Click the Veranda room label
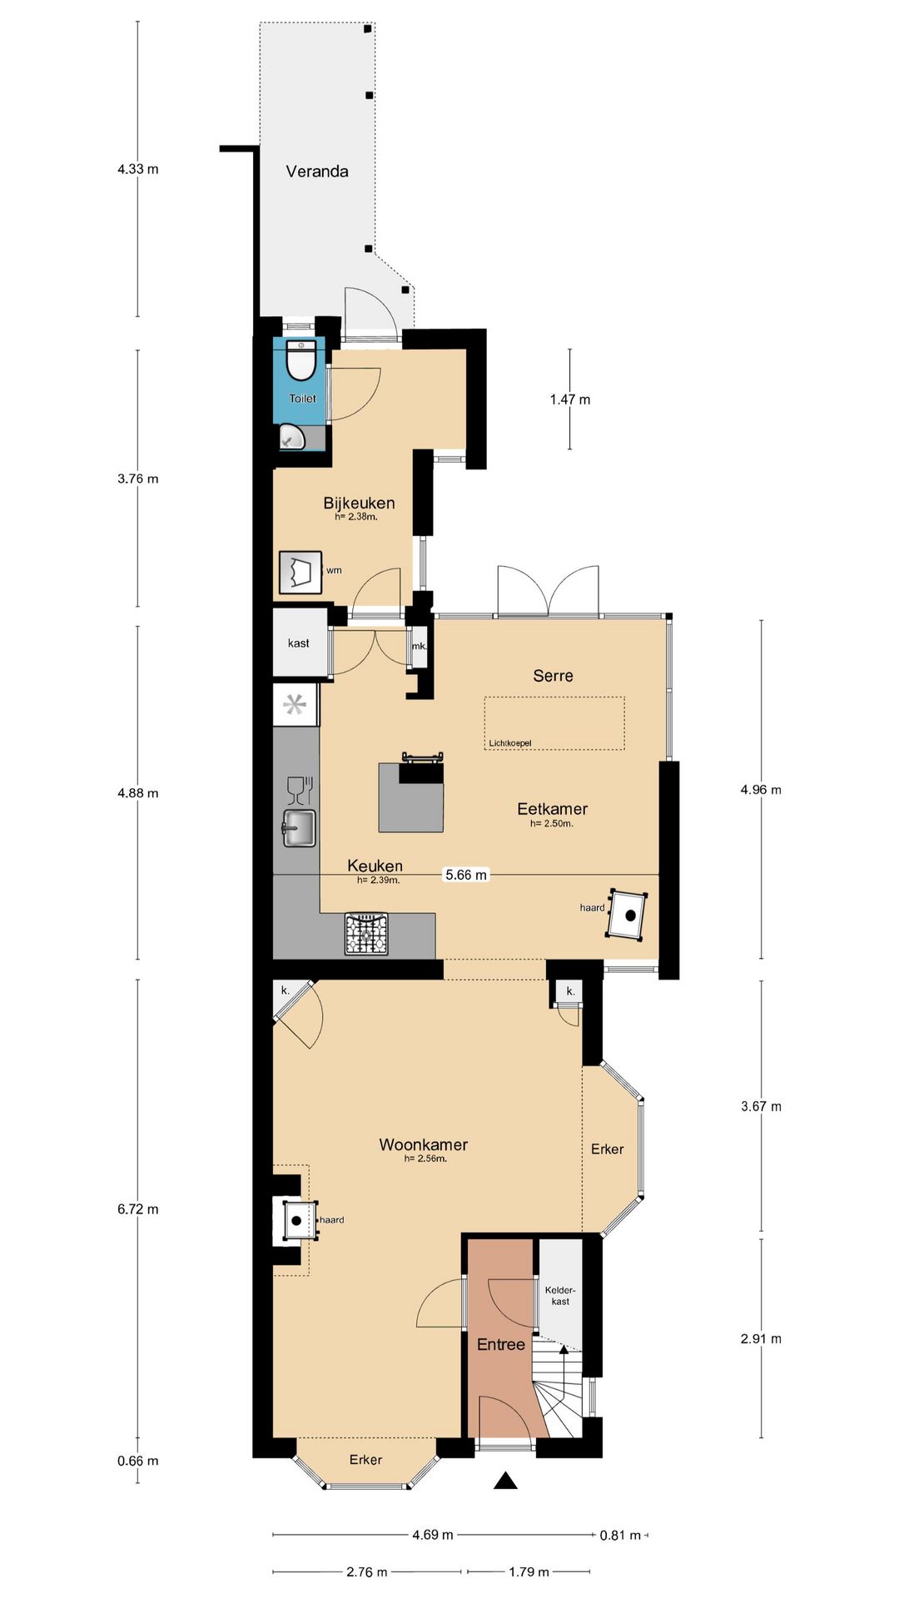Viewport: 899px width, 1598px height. tap(317, 171)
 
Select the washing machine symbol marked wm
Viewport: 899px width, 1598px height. tap(300, 572)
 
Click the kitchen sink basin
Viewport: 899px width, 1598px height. tap(299, 828)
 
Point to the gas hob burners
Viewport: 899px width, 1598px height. tap(366, 934)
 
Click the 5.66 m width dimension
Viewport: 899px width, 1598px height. tap(466, 875)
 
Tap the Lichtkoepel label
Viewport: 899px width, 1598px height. tap(510, 743)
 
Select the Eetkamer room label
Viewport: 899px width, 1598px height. tap(553, 809)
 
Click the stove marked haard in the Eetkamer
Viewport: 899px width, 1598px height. tap(628, 915)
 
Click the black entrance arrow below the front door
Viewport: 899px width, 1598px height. tap(505, 1481)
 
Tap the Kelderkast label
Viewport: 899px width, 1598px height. tap(560, 1296)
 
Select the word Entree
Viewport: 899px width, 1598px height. tap(501, 1344)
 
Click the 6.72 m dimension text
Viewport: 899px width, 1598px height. tap(138, 1209)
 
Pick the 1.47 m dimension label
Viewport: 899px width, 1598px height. tap(570, 399)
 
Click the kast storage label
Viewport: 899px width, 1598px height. tap(299, 643)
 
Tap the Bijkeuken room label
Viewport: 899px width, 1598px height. tap(359, 503)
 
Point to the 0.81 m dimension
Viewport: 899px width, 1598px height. tap(620, 1535)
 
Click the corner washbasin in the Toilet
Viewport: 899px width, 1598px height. tap(291, 436)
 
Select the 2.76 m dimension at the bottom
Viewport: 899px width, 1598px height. tap(367, 1572)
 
